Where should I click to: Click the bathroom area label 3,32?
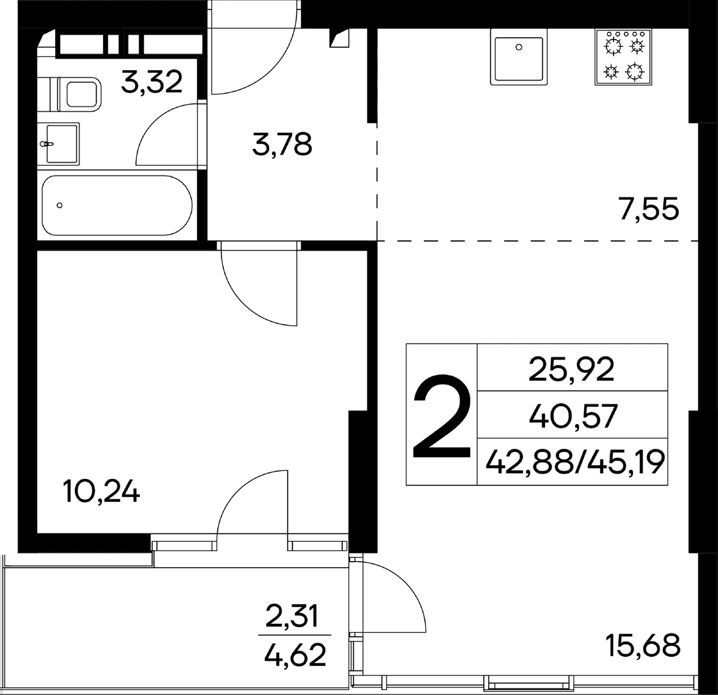pyautogui.click(x=151, y=83)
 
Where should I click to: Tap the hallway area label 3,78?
pyautogui.click(x=282, y=145)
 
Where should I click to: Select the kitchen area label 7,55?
pyautogui.click(x=649, y=209)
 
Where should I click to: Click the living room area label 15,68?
pyautogui.click(x=643, y=645)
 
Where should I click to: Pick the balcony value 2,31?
pyautogui.click(x=291, y=616)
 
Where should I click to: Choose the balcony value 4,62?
pyautogui.click(x=295, y=654)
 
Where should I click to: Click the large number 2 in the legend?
pyautogui.click(x=442, y=416)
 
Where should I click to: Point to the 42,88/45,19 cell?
pyautogui.click(x=575, y=462)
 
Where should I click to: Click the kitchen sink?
pyautogui.click(x=519, y=57)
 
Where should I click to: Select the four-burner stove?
pyautogui.click(x=623, y=57)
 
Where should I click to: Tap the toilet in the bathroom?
pyautogui.click(x=69, y=95)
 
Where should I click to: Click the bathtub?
pyautogui.click(x=117, y=205)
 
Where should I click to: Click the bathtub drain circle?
pyautogui.click(x=59, y=205)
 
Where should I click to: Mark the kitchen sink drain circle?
pyautogui.click(x=519, y=47)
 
